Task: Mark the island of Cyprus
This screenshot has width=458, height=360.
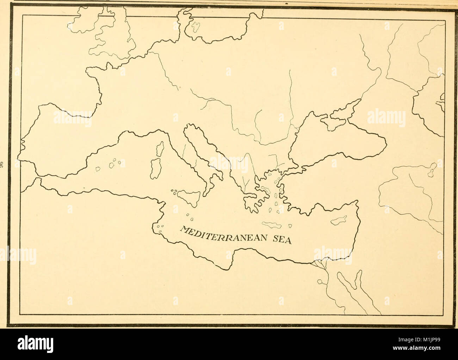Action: (x=338, y=220)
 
